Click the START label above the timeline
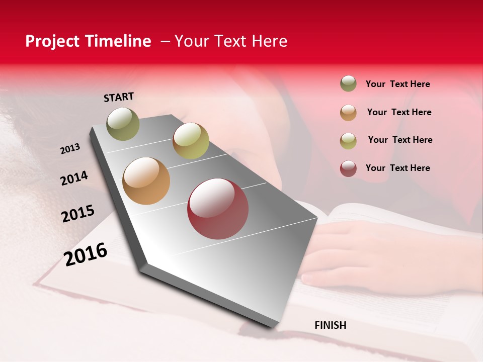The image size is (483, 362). click(119, 97)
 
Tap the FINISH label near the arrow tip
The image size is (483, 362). click(330, 325)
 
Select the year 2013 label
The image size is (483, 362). click(70, 149)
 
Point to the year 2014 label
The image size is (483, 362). click(74, 178)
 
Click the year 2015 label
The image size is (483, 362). click(78, 214)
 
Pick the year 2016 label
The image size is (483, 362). click(86, 254)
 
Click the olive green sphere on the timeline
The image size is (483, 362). click(123, 124)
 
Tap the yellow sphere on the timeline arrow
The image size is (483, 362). click(191, 141)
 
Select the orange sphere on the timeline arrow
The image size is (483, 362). click(146, 181)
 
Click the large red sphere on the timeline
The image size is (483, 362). click(218, 209)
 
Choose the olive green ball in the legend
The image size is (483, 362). click(348, 83)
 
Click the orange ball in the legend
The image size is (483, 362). click(348, 112)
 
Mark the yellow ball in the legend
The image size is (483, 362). click(348, 140)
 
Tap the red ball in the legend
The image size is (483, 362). click(348, 168)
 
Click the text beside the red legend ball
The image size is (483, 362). click(397, 168)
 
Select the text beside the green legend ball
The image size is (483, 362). click(397, 84)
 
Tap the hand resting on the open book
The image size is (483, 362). click(352, 256)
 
